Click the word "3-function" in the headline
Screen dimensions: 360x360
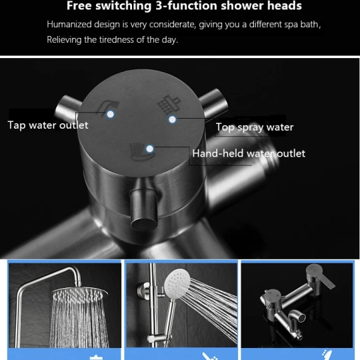[x=186, y=6]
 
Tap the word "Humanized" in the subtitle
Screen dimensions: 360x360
[x=69, y=24]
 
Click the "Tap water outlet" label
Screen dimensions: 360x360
[x=48, y=125]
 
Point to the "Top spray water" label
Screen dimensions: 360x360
[x=255, y=127]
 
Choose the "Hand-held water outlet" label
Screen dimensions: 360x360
[x=249, y=153]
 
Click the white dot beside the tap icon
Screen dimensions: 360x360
[x=111, y=114]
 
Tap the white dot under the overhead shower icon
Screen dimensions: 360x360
[x=172, y=119]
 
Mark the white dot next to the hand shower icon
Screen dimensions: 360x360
[x=150, y=149]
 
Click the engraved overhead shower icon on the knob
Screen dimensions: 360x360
[x=169, y=104]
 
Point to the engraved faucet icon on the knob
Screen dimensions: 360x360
[x=108, y=107]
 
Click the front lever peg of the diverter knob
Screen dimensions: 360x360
[x=144, y=209]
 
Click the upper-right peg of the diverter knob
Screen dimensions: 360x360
[x=213, y=103]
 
